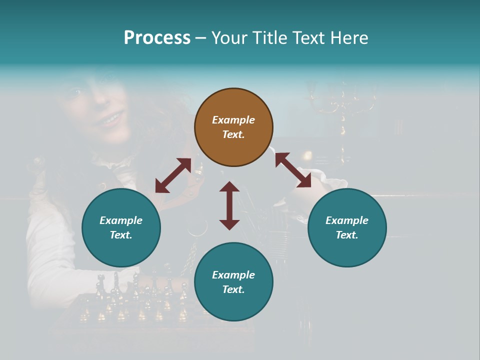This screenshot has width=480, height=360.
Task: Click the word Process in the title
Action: [x=157, y=38]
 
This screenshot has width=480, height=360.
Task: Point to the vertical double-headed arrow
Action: [x=229, y=205]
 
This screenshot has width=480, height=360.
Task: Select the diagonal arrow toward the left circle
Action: [x=173, y=175]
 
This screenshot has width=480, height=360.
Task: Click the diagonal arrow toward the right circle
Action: [x=293, y=170]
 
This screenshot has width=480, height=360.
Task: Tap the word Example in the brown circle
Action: [x=233, y=120]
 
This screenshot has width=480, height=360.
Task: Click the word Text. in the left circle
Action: [x=121, y=235]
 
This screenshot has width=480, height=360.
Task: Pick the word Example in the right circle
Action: [x=347, y=220]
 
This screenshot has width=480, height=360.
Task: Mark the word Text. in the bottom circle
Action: [x=233, y=289]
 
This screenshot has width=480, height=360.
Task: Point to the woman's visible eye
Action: [x=76, y=92]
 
